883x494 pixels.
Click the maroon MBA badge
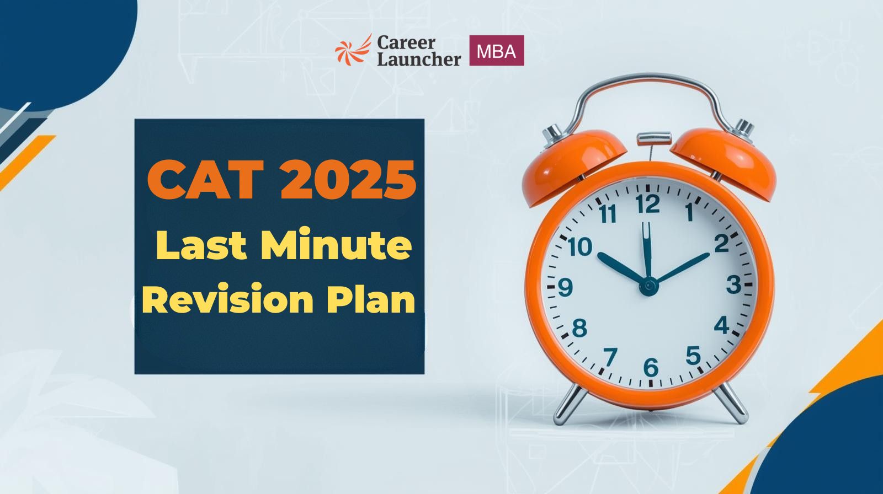[496, 50]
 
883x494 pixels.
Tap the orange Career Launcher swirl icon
[353, 50]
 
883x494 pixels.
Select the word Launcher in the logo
[419, 59]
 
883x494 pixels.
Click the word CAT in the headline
[205, 179]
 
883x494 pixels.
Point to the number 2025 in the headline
[348, 179]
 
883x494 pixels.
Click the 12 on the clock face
[648, 205]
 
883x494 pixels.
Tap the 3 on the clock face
[733, 284]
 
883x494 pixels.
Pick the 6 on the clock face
[651, 368]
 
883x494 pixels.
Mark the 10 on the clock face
[580, 247]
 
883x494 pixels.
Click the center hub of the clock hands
[648, 286]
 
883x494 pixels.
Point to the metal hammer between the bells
[654, 139]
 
